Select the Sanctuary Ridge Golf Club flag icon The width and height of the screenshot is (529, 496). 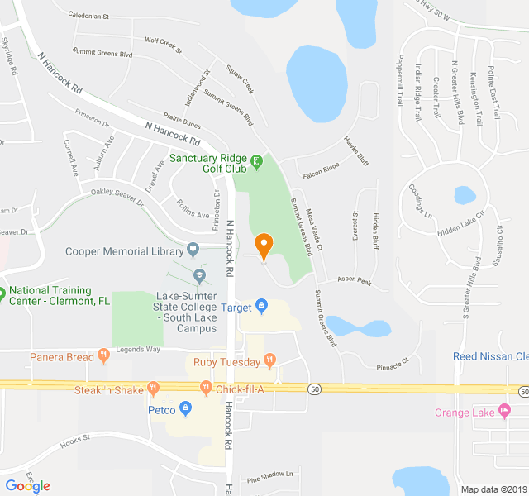click(x=256, y=159)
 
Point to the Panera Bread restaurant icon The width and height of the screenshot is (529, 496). click(x=103, y=357)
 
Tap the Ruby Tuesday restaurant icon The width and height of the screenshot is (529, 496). click(x=269, y=361)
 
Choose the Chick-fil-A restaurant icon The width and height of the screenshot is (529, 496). click(x=206, y=388)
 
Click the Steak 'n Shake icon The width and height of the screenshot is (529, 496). click(x=153, y=389)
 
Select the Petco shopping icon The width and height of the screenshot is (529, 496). click(x=185, y=409)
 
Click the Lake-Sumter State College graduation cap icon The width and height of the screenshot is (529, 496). click(x=198, y=275)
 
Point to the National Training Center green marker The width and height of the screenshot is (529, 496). click(x=2, y=292)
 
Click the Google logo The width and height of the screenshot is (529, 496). click(x=28, y=486)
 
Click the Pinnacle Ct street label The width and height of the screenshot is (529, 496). click(x=392, y=360)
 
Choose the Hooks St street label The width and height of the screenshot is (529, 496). click(x=74, y=444)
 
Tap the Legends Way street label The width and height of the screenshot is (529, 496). click(x=137, y=350)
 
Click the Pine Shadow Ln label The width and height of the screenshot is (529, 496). click(x=269, y=475)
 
